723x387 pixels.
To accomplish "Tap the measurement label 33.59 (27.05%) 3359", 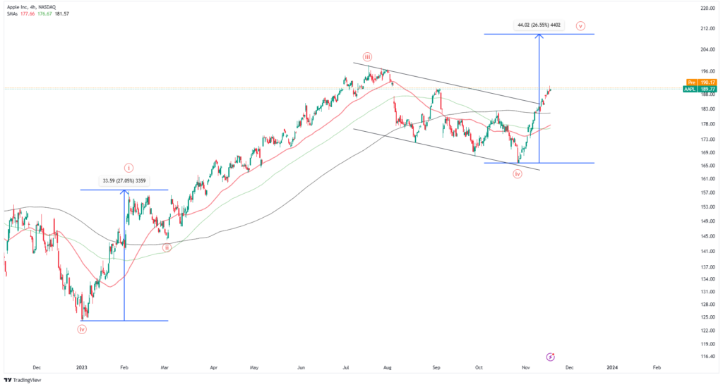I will pos(124,180).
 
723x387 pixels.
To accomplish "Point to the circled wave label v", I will pos(580,26).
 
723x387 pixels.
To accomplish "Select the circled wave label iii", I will pos(368,56).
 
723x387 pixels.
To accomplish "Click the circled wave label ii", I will pos(167,247).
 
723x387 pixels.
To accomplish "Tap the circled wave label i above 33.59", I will pos(129,168).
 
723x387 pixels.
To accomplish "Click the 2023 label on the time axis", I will pos(83,367).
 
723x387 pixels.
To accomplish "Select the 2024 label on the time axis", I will pos(612,367).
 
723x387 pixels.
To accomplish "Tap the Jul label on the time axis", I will pos(347,367).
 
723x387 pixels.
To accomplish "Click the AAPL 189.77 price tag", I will pos(700,90).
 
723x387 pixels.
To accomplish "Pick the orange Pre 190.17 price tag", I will pos(700,82).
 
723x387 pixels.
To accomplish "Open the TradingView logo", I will pos(20,380).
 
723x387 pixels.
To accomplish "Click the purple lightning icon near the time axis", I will pos(551,357).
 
